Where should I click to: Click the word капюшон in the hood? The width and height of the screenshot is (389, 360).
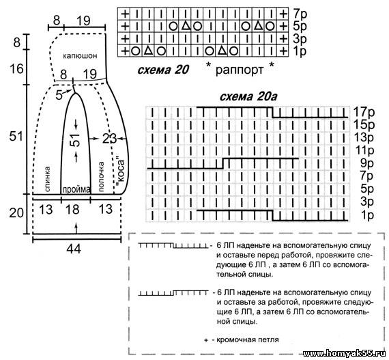[x=80, y=56]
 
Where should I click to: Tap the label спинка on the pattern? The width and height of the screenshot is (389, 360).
[x=47, y=179]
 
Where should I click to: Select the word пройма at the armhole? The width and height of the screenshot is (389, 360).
[x=76, y=190]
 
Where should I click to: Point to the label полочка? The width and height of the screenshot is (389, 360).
[x=101, y=176]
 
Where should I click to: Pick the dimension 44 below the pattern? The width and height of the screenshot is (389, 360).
[x=74, y=248]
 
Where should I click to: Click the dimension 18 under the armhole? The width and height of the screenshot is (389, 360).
[x=72, y=209]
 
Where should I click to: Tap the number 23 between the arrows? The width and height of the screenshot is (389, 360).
[x=109, y=139]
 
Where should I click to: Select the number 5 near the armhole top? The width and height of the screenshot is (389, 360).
[x=59, y=95]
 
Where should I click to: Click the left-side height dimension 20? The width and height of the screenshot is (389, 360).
[x=16, y=213]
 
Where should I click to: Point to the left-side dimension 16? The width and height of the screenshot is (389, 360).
[x=16, y=68]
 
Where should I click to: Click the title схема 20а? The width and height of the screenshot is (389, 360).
[x=248, y=96]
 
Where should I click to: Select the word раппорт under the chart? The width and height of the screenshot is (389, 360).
[x=239, y=70]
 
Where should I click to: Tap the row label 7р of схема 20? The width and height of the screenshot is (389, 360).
[x=300, y=14]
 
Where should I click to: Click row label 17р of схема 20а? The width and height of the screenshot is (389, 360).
[x=364, y=112]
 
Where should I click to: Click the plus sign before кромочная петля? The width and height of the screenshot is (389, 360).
[x=206, y=340]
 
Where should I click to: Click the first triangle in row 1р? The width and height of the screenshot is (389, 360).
[x=148, y=51]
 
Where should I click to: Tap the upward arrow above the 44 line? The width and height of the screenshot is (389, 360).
[x=76, y=228]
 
